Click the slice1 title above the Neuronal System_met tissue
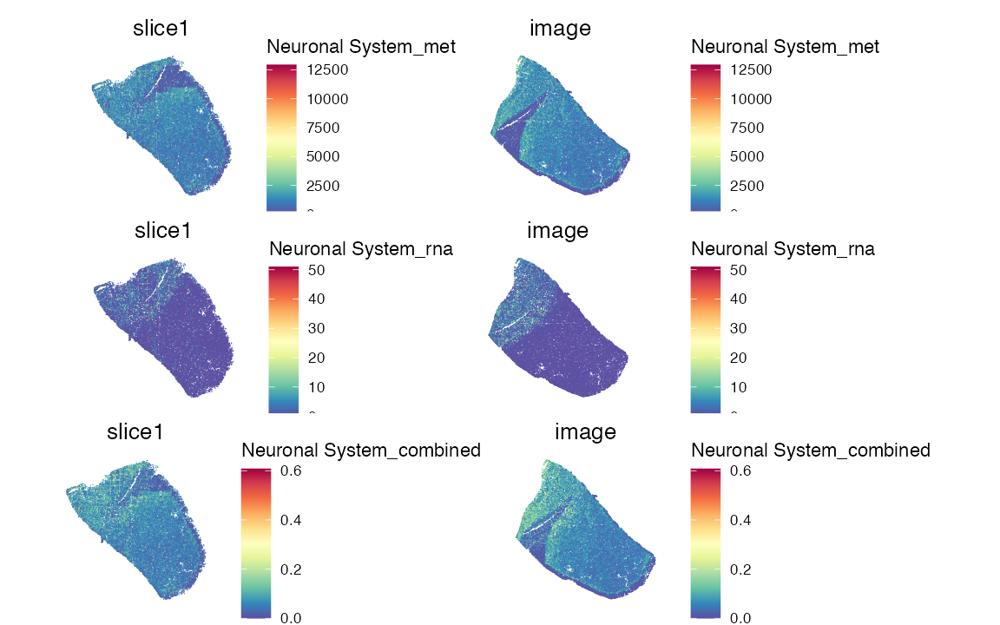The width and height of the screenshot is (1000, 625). pos(161,28)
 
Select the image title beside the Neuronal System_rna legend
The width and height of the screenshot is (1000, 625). pos(558,231)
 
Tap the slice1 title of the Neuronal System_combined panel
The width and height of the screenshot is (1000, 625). pos(135,431)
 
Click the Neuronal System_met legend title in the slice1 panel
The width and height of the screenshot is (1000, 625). pos(361,47)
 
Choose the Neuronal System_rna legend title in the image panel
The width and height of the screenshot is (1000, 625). pos(783,249)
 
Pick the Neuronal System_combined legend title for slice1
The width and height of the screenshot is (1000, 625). pos(361,451)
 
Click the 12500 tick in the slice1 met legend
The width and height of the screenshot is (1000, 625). pos(327,69)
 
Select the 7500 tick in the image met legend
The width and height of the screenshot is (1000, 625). pos(751,128)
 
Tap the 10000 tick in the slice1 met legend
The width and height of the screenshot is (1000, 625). pos(327,99)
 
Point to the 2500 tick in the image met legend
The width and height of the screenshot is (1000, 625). pos(751,186)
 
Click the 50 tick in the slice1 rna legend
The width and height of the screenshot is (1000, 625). pos(317,270)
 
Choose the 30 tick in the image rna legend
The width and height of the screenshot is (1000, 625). pos(739,329)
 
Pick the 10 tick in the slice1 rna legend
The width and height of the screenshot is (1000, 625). pos(317,387)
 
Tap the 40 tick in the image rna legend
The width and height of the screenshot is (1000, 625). pos(739,299)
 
